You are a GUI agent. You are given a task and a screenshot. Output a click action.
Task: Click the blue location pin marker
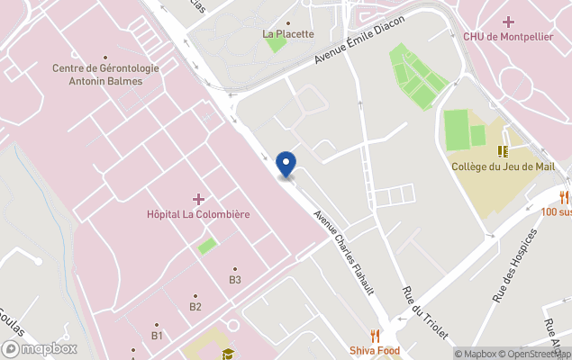[x=286, y=164]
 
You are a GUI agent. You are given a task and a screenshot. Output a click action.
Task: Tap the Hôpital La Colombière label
[x=198, y=214]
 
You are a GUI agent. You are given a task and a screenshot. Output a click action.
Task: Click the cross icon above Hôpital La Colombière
[x=198, y=198]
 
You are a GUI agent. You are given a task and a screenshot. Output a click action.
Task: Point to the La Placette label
[x=288, y=34]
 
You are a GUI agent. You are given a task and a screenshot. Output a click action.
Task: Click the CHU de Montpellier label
[x=508, y=36]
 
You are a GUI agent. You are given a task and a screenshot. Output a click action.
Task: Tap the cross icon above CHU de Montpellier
[x=509, y=21]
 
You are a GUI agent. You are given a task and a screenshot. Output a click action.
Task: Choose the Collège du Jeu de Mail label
[x=502, y=166]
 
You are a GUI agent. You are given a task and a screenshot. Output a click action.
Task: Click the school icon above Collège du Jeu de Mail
[x=503, y=150]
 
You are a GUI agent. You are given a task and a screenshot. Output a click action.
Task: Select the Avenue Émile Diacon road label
[x=359, y=42]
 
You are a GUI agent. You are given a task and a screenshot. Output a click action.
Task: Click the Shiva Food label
[x=374, y=350]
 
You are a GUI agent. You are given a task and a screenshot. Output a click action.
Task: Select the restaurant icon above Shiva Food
[x=374, y=336]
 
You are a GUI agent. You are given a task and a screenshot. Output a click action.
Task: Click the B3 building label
[x=235, y=280]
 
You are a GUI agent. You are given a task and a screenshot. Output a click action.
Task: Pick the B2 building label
[x=195, y=307]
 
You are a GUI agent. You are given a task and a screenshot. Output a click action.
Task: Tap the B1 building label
[x=157, y=336]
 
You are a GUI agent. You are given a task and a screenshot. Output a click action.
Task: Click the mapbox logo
[x=41, y=348]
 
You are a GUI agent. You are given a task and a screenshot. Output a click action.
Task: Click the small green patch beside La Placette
[x=276, y=44]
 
